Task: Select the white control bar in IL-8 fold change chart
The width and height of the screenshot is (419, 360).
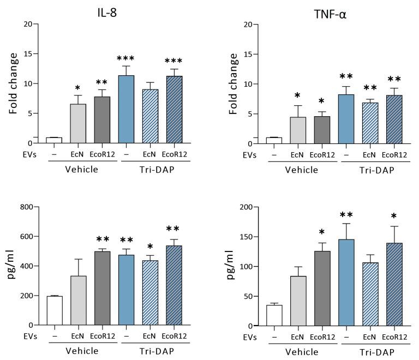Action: [53, 141]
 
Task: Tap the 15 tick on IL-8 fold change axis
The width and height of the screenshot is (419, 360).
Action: [29, 54]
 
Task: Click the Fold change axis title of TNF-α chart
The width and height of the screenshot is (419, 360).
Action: [218, 84]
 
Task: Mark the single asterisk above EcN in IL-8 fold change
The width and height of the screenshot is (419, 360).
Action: [77, 88]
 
